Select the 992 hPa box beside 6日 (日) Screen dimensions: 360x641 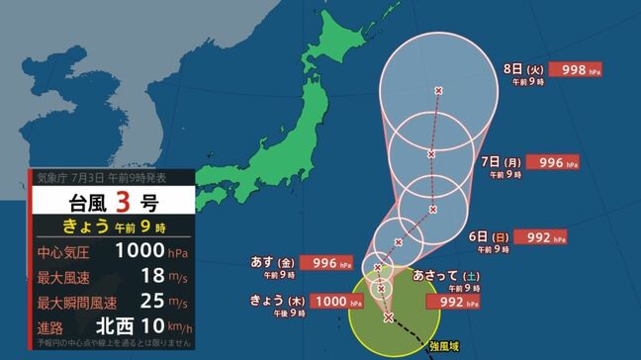click(541, 237)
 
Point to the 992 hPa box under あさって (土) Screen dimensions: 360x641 click(459, 301)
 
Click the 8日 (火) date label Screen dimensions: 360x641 click(524, 71)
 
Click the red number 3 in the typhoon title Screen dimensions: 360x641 click(122, 204)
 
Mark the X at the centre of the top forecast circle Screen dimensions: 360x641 click(438, 91)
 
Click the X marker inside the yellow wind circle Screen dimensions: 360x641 click(389, 317)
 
